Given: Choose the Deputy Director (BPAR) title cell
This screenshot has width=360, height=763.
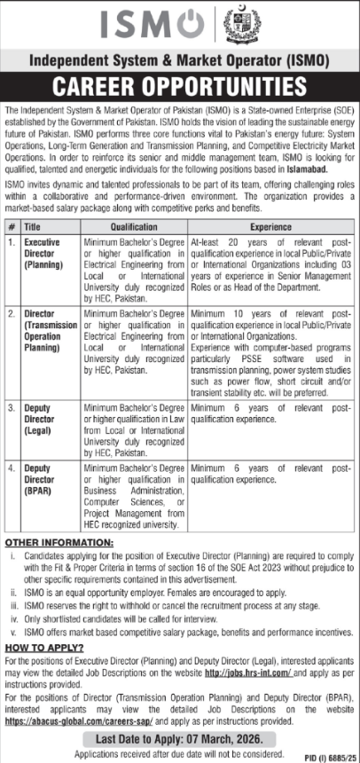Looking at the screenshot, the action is pyautogui.click(x=41, y=477).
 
